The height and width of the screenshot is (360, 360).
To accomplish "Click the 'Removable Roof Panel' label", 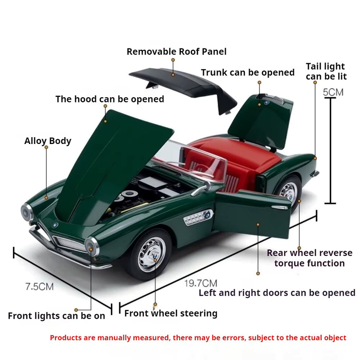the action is [176, 52].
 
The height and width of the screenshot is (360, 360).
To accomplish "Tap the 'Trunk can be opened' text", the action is [248, 72].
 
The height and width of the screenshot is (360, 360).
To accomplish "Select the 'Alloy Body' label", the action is [48, 141].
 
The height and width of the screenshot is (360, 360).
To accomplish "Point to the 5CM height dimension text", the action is [333, 92].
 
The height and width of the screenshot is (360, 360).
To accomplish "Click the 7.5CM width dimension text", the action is [40, 287].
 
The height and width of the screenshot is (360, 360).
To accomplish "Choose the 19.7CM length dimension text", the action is [201, 283].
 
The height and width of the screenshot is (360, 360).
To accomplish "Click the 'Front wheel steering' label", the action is [171, 313].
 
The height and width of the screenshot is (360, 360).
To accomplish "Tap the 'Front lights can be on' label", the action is [56, 316].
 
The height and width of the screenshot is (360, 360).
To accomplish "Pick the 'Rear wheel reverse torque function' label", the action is [310, 258].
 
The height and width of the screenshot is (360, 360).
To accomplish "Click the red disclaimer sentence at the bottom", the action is [198, 338].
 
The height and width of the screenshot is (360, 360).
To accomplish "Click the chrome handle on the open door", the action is [280, 208].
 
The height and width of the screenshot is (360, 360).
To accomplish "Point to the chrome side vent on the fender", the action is [198, 217].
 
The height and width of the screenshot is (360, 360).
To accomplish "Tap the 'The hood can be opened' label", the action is [110, 99].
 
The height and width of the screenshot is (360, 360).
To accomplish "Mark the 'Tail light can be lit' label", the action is [326, 72].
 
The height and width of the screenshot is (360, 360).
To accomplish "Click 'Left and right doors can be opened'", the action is [277, 293].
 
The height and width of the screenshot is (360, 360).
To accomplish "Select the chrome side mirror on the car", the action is [202, 189].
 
